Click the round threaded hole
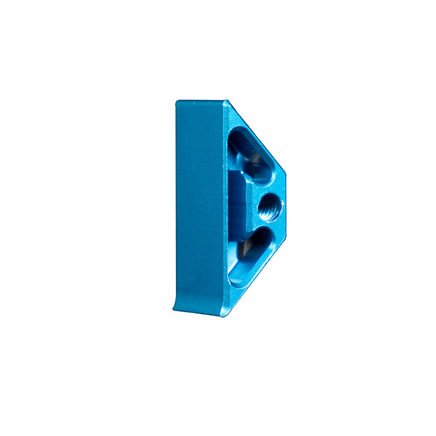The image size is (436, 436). click(270, 207)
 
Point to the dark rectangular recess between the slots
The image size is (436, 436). click(238, 206)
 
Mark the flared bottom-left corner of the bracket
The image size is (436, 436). click(174, 308)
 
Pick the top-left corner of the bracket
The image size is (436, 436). click(177, 102)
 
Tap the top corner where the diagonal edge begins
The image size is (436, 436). click(227, 101)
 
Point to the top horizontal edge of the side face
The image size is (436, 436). click(200, 101)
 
